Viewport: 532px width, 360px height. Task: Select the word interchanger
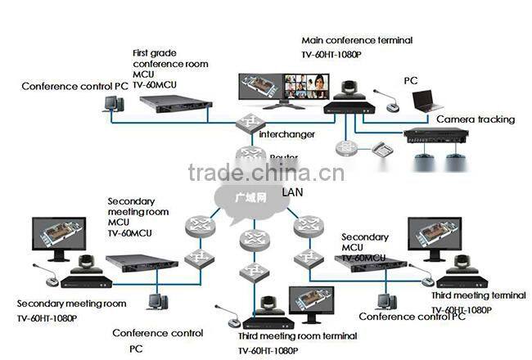click(287, 133)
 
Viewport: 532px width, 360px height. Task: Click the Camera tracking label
click(476, 119)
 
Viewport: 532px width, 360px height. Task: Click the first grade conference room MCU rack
click(173, 103)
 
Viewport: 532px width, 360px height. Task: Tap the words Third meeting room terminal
click(297, 336)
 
